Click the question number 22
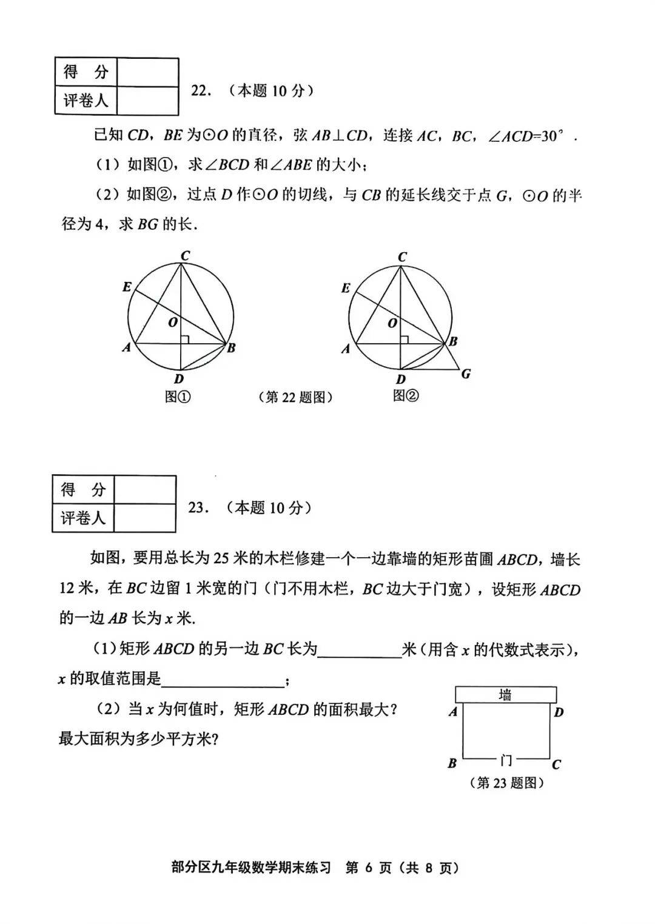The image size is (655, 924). click(200, 91)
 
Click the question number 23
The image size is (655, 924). click(198, 507)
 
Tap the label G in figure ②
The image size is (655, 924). click(466, 373)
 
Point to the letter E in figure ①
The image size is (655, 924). click(127, 287)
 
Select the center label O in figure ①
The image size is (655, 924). click(173, 323)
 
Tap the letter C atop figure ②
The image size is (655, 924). click(401, 257)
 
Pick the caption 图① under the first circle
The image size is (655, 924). click(178, 397)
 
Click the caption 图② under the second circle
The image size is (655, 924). click(406, 396)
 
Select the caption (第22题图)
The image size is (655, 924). click(295, 397)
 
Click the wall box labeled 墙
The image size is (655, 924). click(505, 695)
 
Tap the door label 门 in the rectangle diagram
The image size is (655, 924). click(506, 759)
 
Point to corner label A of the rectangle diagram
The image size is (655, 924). click(452, 712)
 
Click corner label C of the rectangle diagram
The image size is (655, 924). click(556, 765)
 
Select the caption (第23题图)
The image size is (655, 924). click(506, 783)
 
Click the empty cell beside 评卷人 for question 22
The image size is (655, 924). click(147, 101)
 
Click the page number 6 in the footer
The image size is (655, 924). click(368, 868)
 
